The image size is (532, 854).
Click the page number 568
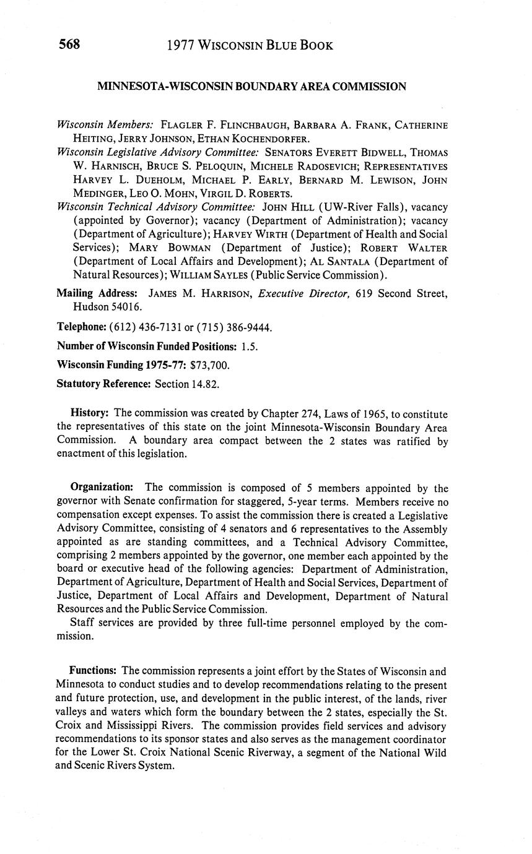69,45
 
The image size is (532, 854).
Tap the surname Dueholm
152,180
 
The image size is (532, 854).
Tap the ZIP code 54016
126,307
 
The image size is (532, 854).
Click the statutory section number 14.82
206,384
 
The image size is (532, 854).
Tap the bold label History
90,413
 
